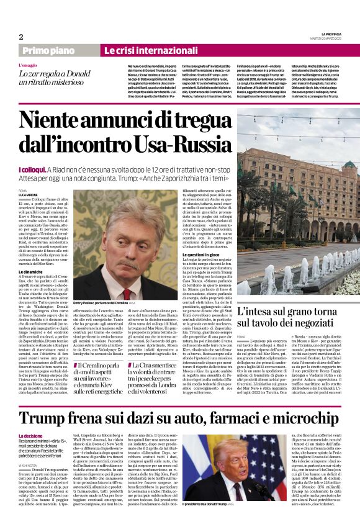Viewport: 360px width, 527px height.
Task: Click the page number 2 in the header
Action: tap(21, 37)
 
